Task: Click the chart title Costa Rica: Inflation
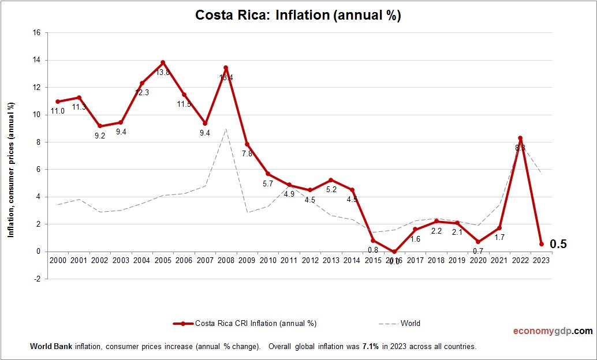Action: click(x=298, y=16)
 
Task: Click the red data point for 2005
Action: click(x=163, y=62)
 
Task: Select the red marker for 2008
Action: click(x=226, y=68)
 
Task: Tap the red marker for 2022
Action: click(x=520, y=138)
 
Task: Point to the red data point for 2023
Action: click(x=542, y=244)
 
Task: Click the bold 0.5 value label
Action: click(x=558, y=245)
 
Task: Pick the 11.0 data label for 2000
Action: click(x=57, y=111)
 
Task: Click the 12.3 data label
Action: click(x=141, y=92)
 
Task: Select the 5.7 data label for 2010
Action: click(x=268, y=183)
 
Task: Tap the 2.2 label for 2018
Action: click(x=436, y=231)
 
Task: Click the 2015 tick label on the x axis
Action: click(x=373, y=260)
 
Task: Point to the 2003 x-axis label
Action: click(x=121, y=260)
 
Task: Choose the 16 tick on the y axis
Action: click(x=36, y=33)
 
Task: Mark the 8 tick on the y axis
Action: click(x=38, y=142)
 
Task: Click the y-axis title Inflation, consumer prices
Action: click(x=10, y=170)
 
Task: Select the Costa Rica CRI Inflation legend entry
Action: click(x=245, y=324)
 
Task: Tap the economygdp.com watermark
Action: click(x=553, y=331)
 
